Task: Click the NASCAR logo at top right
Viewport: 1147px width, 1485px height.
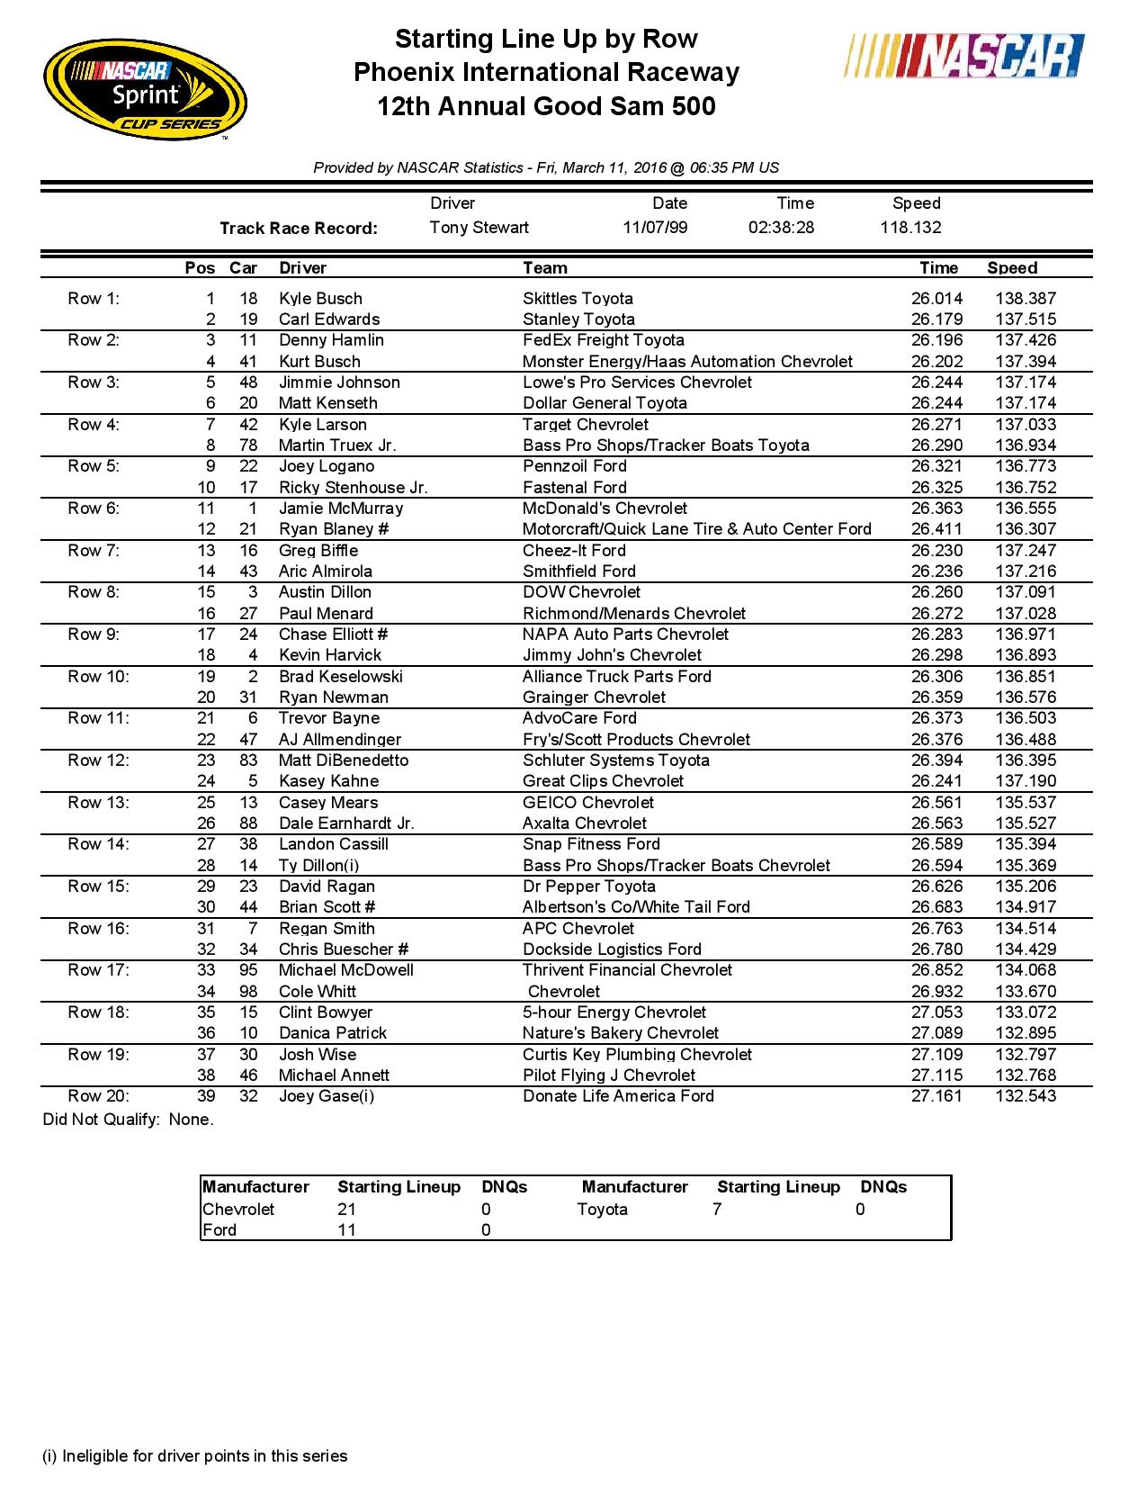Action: point(965,57)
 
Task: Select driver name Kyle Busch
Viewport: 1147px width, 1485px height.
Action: point(320,299)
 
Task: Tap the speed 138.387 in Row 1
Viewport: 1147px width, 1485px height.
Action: point(1026,299)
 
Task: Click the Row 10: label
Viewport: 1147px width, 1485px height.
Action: point(98,677)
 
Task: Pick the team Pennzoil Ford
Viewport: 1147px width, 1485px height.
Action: point(574,466)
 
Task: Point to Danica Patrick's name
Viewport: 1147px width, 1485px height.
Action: point(332,1033)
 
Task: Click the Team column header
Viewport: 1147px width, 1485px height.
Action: point(544,268)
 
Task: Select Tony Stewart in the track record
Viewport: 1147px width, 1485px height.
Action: point(479,228)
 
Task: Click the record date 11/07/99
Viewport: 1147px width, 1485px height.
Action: point(655,228)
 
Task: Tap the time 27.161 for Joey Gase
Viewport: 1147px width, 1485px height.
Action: point(936,1096)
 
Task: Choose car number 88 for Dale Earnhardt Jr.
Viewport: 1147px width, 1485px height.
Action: point(248,823)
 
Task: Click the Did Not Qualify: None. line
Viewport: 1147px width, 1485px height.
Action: point(129,1120)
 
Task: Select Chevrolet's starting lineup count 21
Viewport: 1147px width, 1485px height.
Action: point(346,1210)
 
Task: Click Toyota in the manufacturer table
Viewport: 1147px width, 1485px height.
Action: point(602,1210)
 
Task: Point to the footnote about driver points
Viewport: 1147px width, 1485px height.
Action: point(195,1456)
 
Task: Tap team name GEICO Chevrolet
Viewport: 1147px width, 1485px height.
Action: point(587,803)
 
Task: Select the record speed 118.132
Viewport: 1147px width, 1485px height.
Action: point(910,228)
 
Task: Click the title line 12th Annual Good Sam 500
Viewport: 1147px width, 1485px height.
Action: point(546,106)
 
